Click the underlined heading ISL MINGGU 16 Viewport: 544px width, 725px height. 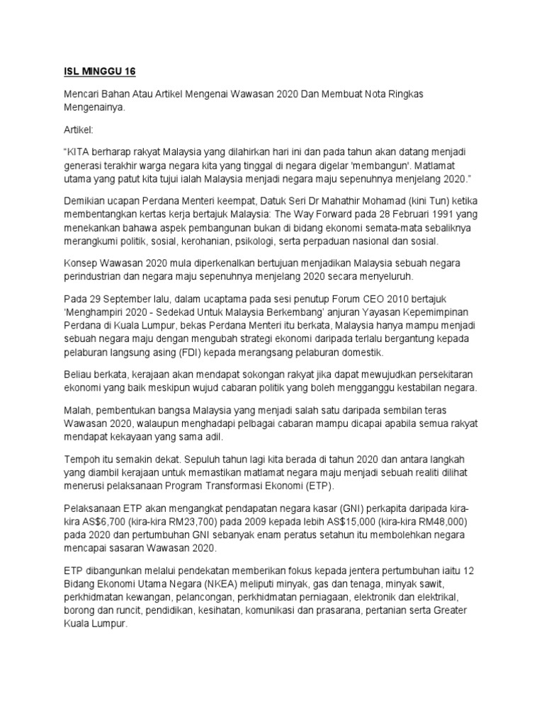[x=95, y=72]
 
